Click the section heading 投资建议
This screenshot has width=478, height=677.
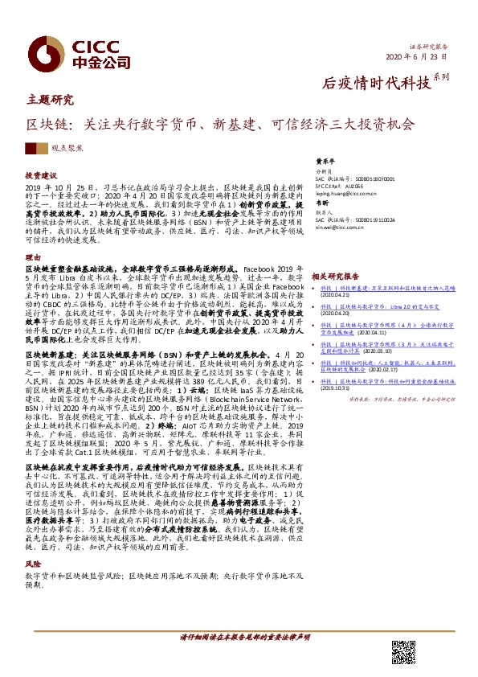point(42,174)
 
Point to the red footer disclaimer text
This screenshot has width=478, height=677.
point(244,635)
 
